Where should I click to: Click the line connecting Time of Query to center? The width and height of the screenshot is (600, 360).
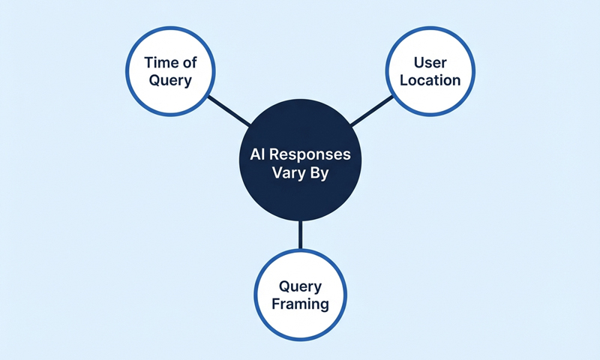click(229, 110)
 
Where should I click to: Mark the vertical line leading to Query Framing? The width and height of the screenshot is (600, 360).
click(300, 234)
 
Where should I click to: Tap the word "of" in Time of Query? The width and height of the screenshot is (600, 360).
click(190, 63)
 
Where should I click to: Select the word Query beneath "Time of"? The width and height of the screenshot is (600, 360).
click(171, 80)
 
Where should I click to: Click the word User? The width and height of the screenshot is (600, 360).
click(430, 63)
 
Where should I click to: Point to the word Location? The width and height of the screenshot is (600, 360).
click(430, 80)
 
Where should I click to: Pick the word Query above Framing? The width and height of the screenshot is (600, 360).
click(300, 286)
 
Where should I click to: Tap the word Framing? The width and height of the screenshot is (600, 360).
click(300, 304)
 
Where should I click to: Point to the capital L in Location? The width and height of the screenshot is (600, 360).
click(404, 80)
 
